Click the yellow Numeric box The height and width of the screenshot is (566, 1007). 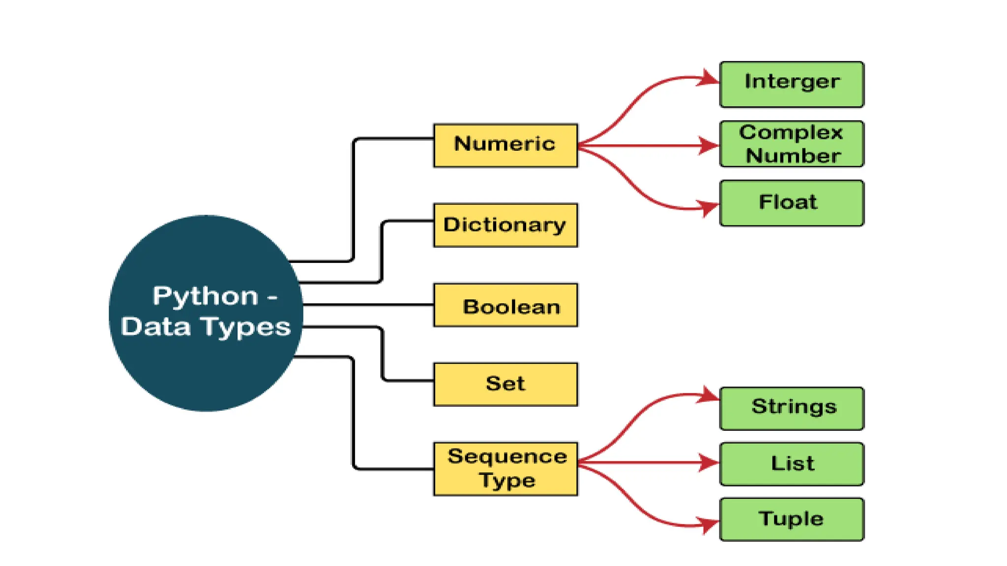coord(505,145)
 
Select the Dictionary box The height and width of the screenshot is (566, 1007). coord(505,225)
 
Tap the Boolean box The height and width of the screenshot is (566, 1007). coord(505,305)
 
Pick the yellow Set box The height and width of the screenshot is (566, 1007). coord(505,384)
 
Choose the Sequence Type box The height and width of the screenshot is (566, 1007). coord(505,469)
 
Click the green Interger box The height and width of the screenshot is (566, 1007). coord(791,84)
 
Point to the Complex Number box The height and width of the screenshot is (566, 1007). coord(791,144)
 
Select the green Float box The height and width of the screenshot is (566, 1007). coord(791,203)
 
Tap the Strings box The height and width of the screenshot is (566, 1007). coord(791,408)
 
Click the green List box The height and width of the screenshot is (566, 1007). coord(791,464)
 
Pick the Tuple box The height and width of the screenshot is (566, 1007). coord(791,519)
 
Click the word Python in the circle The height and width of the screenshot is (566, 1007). coord(205,296)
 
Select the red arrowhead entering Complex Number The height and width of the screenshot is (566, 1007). coord(709,145)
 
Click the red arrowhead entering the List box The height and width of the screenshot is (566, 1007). coord(709,462)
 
